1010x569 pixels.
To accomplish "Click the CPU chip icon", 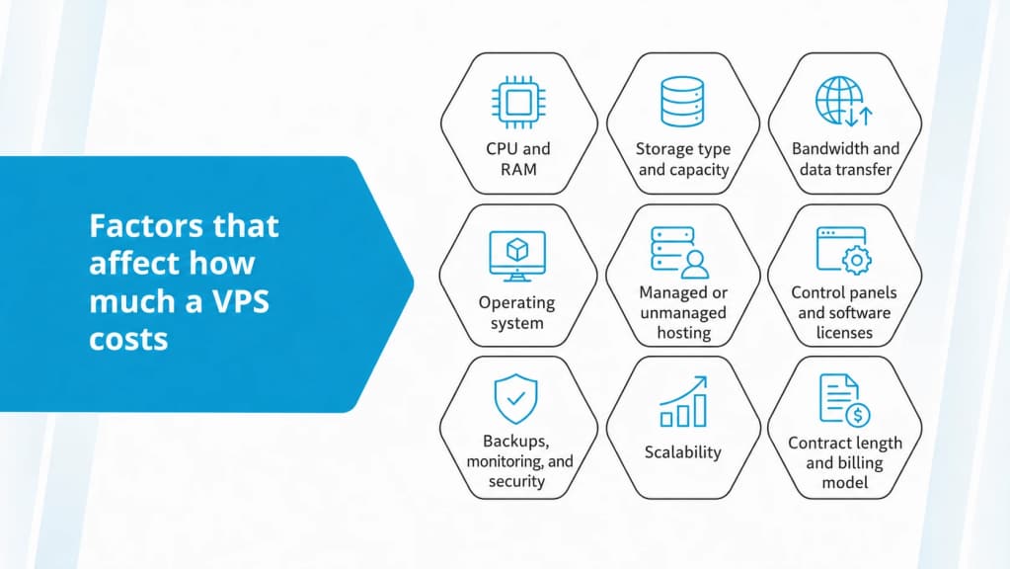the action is [518, 102].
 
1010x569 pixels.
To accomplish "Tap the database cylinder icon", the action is [682, 101].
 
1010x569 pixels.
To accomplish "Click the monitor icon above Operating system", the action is [517, 256].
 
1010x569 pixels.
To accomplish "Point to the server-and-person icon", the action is [679, 252].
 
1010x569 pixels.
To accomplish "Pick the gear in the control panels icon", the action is [857, 261].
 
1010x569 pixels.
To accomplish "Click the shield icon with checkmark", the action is [515, 399].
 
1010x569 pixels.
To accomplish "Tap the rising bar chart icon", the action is [683, 401].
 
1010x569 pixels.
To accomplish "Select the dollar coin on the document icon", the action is [858, 415].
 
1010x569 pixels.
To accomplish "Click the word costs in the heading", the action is [128, 340].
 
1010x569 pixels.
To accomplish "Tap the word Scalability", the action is [683, 451].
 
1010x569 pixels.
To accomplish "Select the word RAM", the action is [518, 170].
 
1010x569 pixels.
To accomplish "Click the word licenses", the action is [844, 333].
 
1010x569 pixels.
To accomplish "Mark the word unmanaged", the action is [683, 313].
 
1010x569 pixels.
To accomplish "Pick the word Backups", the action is [516, 442].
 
